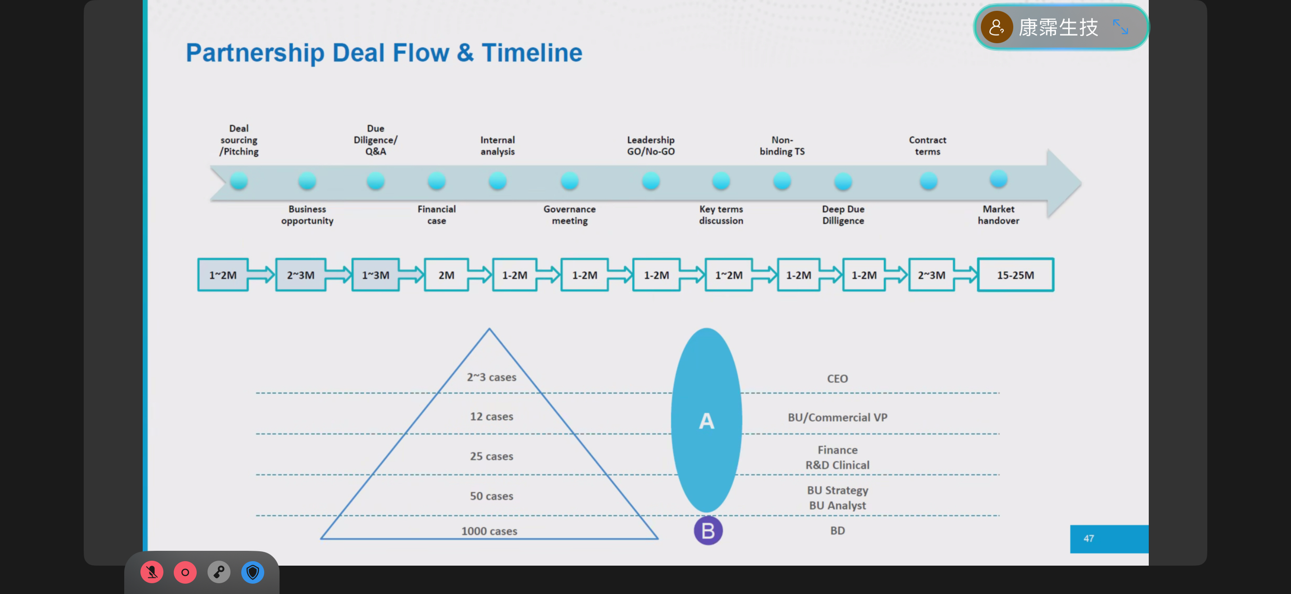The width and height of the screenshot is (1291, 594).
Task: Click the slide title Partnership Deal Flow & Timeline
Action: (384, 53)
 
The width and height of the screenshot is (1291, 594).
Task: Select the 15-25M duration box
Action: (1016, 275)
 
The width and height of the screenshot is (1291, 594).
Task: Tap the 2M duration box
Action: (446, 275)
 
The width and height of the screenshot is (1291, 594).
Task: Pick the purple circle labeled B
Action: (708, 531)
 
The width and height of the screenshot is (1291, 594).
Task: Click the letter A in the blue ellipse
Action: (706, 421)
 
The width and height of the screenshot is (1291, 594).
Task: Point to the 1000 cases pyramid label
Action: (489, 531)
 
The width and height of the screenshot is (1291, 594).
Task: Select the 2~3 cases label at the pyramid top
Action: (491, 377)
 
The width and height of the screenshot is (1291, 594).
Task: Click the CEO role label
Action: (837, 378)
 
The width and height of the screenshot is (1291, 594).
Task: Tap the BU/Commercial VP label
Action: (837, 418)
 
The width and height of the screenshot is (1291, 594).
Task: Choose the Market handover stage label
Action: (998, 215)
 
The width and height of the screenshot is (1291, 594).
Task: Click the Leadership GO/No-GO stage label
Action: (650, 146)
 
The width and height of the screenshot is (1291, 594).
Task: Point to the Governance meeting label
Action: (569, 215)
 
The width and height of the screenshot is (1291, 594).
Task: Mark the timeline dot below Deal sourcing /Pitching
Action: (239, 181)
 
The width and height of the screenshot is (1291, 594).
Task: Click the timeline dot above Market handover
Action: (998, 179)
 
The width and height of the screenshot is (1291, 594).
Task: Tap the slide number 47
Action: (1088, 538)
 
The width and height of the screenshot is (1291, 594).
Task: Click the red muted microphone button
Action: (151, 572)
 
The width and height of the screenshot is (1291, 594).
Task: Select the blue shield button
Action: (253, 572)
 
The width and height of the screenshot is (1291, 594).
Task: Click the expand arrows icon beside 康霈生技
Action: (1120, 27)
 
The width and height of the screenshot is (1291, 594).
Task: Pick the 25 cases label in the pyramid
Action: (491, 456)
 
